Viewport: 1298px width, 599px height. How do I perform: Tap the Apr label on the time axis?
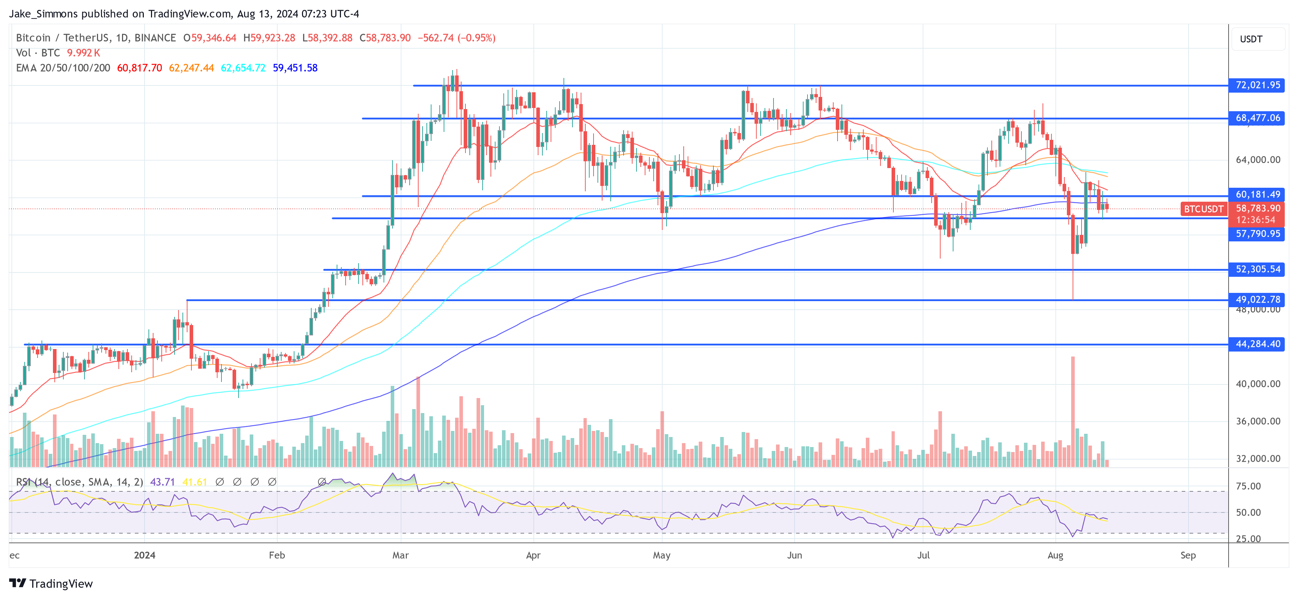tap(533, 555)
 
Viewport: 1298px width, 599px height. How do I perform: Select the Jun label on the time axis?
tap(794, 555)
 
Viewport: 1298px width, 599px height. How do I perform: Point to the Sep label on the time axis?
tap(1188, 555)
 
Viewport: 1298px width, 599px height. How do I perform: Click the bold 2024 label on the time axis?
tap(145, 555)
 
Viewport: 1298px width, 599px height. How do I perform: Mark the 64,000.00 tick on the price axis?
tap(1258, 160)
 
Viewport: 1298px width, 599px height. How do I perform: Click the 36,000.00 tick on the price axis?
tap(1258, 421)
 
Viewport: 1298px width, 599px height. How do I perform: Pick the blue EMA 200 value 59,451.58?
tap(295, 68)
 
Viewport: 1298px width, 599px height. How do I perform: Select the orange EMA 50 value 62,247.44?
tap(191, 68)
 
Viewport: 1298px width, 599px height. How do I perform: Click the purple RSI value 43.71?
tap(162, 482)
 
